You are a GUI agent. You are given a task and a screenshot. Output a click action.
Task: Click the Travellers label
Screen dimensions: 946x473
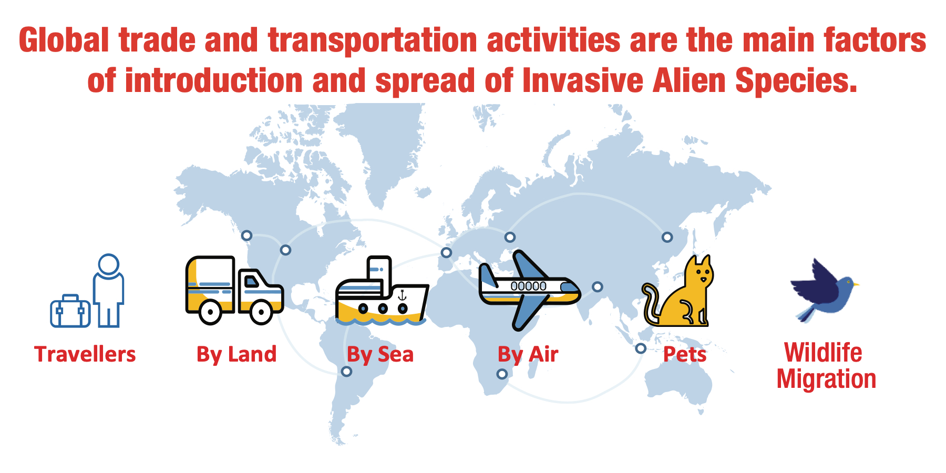click(85, 354)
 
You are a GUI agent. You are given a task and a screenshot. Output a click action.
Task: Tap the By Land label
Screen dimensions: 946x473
click(236, 355)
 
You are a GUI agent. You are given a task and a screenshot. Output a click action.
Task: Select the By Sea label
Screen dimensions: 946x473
click(381, 355)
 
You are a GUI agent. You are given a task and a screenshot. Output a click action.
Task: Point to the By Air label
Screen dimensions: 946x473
click(528, 355)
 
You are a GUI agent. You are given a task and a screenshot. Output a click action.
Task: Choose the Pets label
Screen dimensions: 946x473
click(685, 354)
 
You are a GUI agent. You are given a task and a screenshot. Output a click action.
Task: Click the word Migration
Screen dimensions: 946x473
click(827, 379)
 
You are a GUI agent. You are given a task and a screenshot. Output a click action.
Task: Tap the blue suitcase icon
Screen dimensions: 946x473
click(70, 311)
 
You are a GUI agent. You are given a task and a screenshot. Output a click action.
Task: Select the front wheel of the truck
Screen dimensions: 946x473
click(261, 312)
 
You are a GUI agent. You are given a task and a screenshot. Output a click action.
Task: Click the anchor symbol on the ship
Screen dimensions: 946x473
click(402, 295)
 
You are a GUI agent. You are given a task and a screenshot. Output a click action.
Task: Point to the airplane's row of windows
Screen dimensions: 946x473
click(529, 286)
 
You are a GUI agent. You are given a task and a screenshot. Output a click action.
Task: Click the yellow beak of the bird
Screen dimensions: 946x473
click(856, 285)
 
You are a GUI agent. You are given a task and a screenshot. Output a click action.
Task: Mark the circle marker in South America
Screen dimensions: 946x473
click(346, 372)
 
